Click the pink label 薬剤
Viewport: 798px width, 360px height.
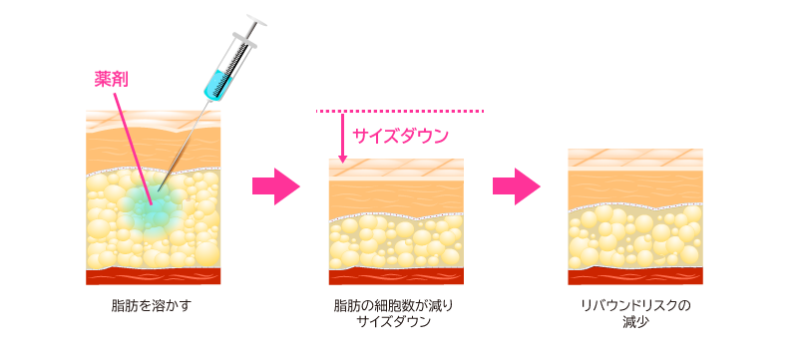click(x=111, y=79)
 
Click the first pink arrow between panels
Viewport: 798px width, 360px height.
click(x=275, y=186)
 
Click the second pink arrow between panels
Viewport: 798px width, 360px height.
click(x=516, y=186)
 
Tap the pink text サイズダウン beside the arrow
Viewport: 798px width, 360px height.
click(x=400, y=135)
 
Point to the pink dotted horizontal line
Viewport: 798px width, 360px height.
click(x=399, y=111)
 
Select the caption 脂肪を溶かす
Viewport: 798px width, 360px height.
click(x=151, y=305)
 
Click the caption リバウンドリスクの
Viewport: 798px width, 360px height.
click(x=635, y=305)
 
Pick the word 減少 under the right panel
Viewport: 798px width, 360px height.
click(x=635, y=322)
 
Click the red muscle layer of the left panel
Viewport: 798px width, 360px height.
click(x=153, y=275)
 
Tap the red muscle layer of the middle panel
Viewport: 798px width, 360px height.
click(x=395, y=276)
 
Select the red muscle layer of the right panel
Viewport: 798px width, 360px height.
click(x=635, y=274)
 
